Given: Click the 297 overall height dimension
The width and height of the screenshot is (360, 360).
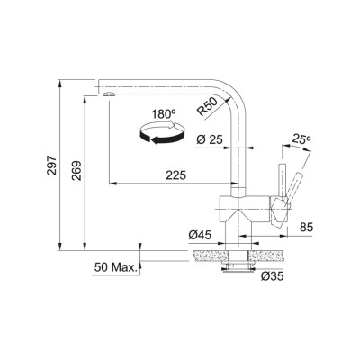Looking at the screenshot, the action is pos(52,166).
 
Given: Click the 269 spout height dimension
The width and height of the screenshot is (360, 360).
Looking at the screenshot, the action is pos(76,171).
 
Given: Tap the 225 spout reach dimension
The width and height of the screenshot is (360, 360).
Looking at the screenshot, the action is pos(176,175).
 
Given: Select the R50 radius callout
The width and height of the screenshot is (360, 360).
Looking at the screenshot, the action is pos(207,107).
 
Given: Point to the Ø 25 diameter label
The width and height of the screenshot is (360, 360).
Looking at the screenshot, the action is pos(210,139).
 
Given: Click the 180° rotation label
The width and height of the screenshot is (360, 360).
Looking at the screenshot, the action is pos(164,114).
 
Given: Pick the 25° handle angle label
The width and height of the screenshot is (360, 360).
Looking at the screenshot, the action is pos(301,139).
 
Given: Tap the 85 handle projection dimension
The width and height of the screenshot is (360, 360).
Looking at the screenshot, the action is pos(306,227).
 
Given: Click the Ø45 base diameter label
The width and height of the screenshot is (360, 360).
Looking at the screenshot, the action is pos(200,235).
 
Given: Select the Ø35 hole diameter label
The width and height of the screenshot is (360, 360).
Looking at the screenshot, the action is pos(272,276).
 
